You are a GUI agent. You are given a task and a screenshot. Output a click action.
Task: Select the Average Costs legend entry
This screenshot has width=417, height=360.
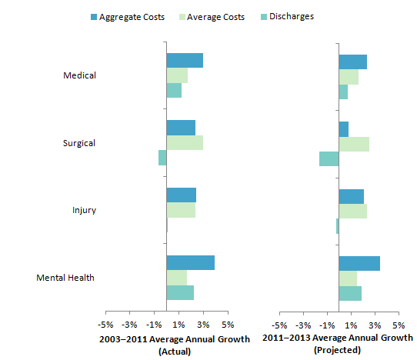[211, 17]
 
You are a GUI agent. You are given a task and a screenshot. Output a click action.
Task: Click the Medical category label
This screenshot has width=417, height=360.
[80, 75]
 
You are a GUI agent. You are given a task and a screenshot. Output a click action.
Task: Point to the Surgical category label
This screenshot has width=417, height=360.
[79, 143]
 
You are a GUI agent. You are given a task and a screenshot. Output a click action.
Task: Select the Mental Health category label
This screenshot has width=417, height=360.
[65, 278]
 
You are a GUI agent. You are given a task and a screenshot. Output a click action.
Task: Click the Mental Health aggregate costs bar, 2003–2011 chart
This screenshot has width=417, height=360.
[190, 262]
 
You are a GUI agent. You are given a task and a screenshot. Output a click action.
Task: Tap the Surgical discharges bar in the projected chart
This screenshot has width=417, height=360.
[329, 158]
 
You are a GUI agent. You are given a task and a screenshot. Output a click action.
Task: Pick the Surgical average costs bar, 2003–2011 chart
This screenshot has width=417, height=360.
[185, 143]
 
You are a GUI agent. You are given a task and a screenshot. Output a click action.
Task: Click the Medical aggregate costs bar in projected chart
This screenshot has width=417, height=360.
[352, 62]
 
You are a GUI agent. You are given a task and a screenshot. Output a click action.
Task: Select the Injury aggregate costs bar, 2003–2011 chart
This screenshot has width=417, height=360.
[181, 195]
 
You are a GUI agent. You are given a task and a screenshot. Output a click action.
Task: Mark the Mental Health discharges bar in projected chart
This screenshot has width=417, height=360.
[350, 293]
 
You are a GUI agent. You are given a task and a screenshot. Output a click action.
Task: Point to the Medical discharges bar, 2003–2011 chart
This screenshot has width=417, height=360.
[174, 91]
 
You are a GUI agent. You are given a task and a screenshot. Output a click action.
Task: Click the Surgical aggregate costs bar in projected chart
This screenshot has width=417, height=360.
[343, 128]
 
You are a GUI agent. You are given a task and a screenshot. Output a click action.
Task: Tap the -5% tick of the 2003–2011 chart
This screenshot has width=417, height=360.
[105, 325]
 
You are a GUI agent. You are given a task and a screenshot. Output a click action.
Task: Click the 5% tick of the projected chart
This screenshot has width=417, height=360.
[399, 325]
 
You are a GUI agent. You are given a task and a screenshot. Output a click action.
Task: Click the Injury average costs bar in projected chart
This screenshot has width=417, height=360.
[352, 211]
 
